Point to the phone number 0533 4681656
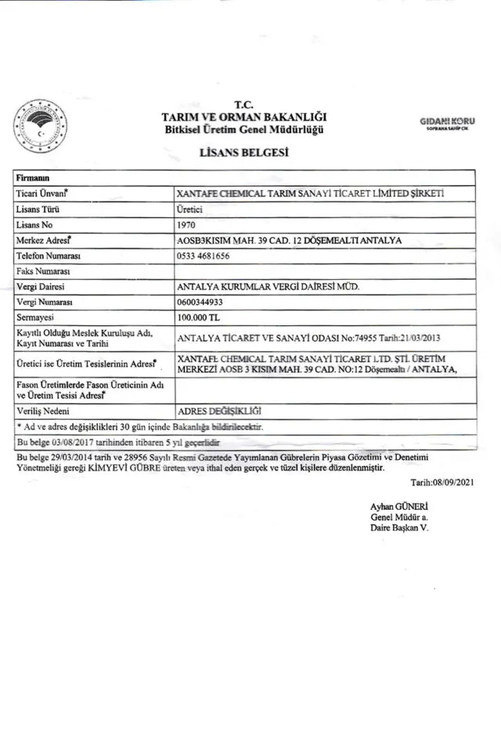point(207,256)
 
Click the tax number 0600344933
point(203,302)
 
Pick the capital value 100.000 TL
point(200,317)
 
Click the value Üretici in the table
point(192,210)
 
